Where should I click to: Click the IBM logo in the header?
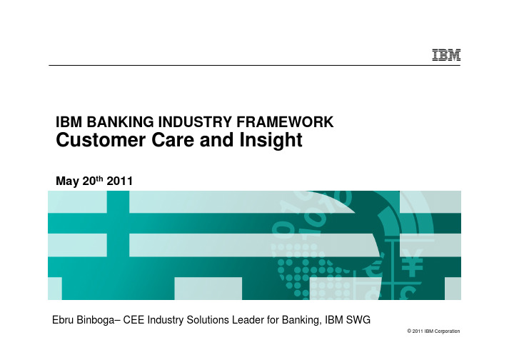(x=446, y=55)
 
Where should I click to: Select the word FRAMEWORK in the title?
(x=285, y=122)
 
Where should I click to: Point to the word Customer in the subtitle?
(x=101, y=140)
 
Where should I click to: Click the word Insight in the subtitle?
(x=271, y=141)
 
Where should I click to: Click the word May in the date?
(x=68, y=181)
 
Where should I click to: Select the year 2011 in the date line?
(x=119, y=181)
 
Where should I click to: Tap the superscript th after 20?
(x=100, y=178)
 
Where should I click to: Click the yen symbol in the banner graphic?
(x=412, y=263)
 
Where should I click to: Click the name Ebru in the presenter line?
(x=63, y=320)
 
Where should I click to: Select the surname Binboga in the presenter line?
(x=96, y=321)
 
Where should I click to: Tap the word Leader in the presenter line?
(x=248, y=320)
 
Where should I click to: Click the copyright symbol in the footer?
(x=409, y=331)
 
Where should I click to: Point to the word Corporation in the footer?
(x=447, y=331)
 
